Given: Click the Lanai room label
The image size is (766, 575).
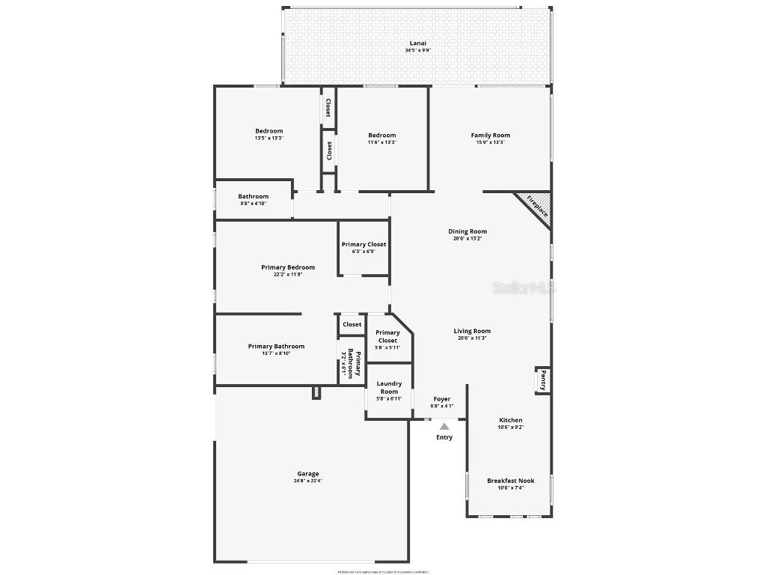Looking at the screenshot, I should [417, 43].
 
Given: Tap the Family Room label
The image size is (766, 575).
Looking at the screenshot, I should [490, 136].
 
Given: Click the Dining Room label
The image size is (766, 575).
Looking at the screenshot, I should [468, 232].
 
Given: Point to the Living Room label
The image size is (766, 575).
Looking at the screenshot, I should [472, 331].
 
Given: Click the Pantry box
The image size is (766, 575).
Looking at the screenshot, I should [543, 380].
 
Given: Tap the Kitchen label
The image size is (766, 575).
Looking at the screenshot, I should [510, 420].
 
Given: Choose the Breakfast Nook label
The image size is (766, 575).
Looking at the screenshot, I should [510, 481].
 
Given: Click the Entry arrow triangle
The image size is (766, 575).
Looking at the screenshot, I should [444, 426].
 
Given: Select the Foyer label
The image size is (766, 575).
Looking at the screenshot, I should [441, 399].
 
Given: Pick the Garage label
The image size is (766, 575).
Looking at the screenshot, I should [308, 474].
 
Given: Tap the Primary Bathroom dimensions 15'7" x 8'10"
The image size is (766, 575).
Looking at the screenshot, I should [277, 353].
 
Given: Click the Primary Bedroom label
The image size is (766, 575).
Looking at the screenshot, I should [288, 267].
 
